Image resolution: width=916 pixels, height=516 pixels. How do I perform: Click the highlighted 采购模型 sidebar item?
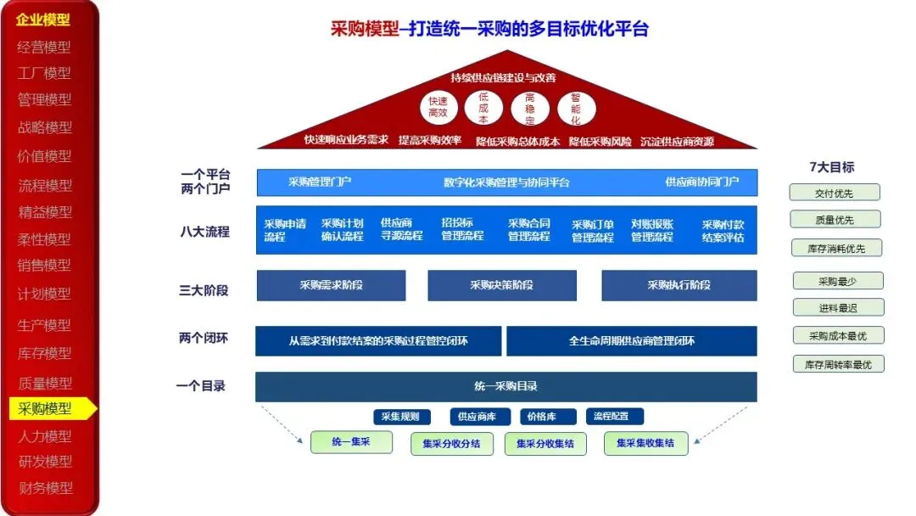46,408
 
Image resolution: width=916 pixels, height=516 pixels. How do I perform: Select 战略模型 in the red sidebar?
45,127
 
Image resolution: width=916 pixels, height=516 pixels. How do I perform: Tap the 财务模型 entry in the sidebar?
45,488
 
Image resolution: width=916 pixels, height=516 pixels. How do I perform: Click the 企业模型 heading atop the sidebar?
43,20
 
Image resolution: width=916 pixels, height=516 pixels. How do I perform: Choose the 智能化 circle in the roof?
576,109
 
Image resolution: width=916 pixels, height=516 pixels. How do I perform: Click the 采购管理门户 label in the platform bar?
320,182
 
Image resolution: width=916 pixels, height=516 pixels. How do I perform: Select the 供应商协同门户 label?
701,182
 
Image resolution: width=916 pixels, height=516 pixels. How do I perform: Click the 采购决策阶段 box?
502,285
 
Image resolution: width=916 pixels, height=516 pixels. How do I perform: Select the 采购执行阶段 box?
679,285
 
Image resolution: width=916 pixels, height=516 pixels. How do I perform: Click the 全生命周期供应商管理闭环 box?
631,341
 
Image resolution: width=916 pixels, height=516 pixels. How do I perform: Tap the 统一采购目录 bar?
505,386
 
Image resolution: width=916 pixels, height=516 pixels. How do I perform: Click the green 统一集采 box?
351,442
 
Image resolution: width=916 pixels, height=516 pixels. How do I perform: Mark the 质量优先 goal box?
835,220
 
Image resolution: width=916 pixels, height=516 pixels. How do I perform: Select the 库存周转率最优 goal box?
838,364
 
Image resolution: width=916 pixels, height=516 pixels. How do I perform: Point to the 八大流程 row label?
204,231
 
